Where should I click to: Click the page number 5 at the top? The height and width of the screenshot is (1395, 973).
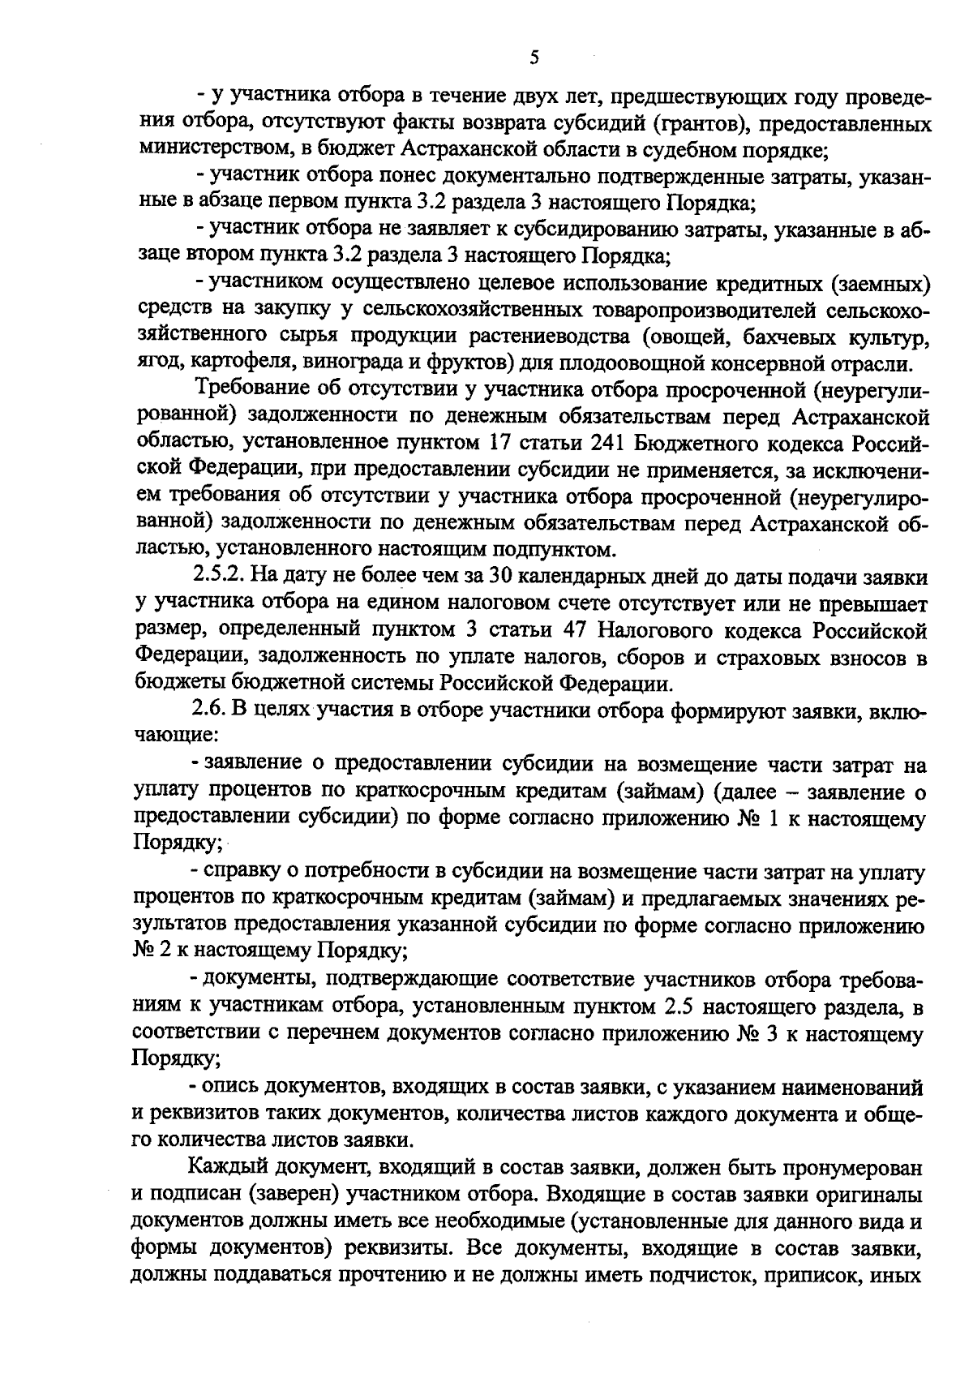[x=534, y=57]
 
